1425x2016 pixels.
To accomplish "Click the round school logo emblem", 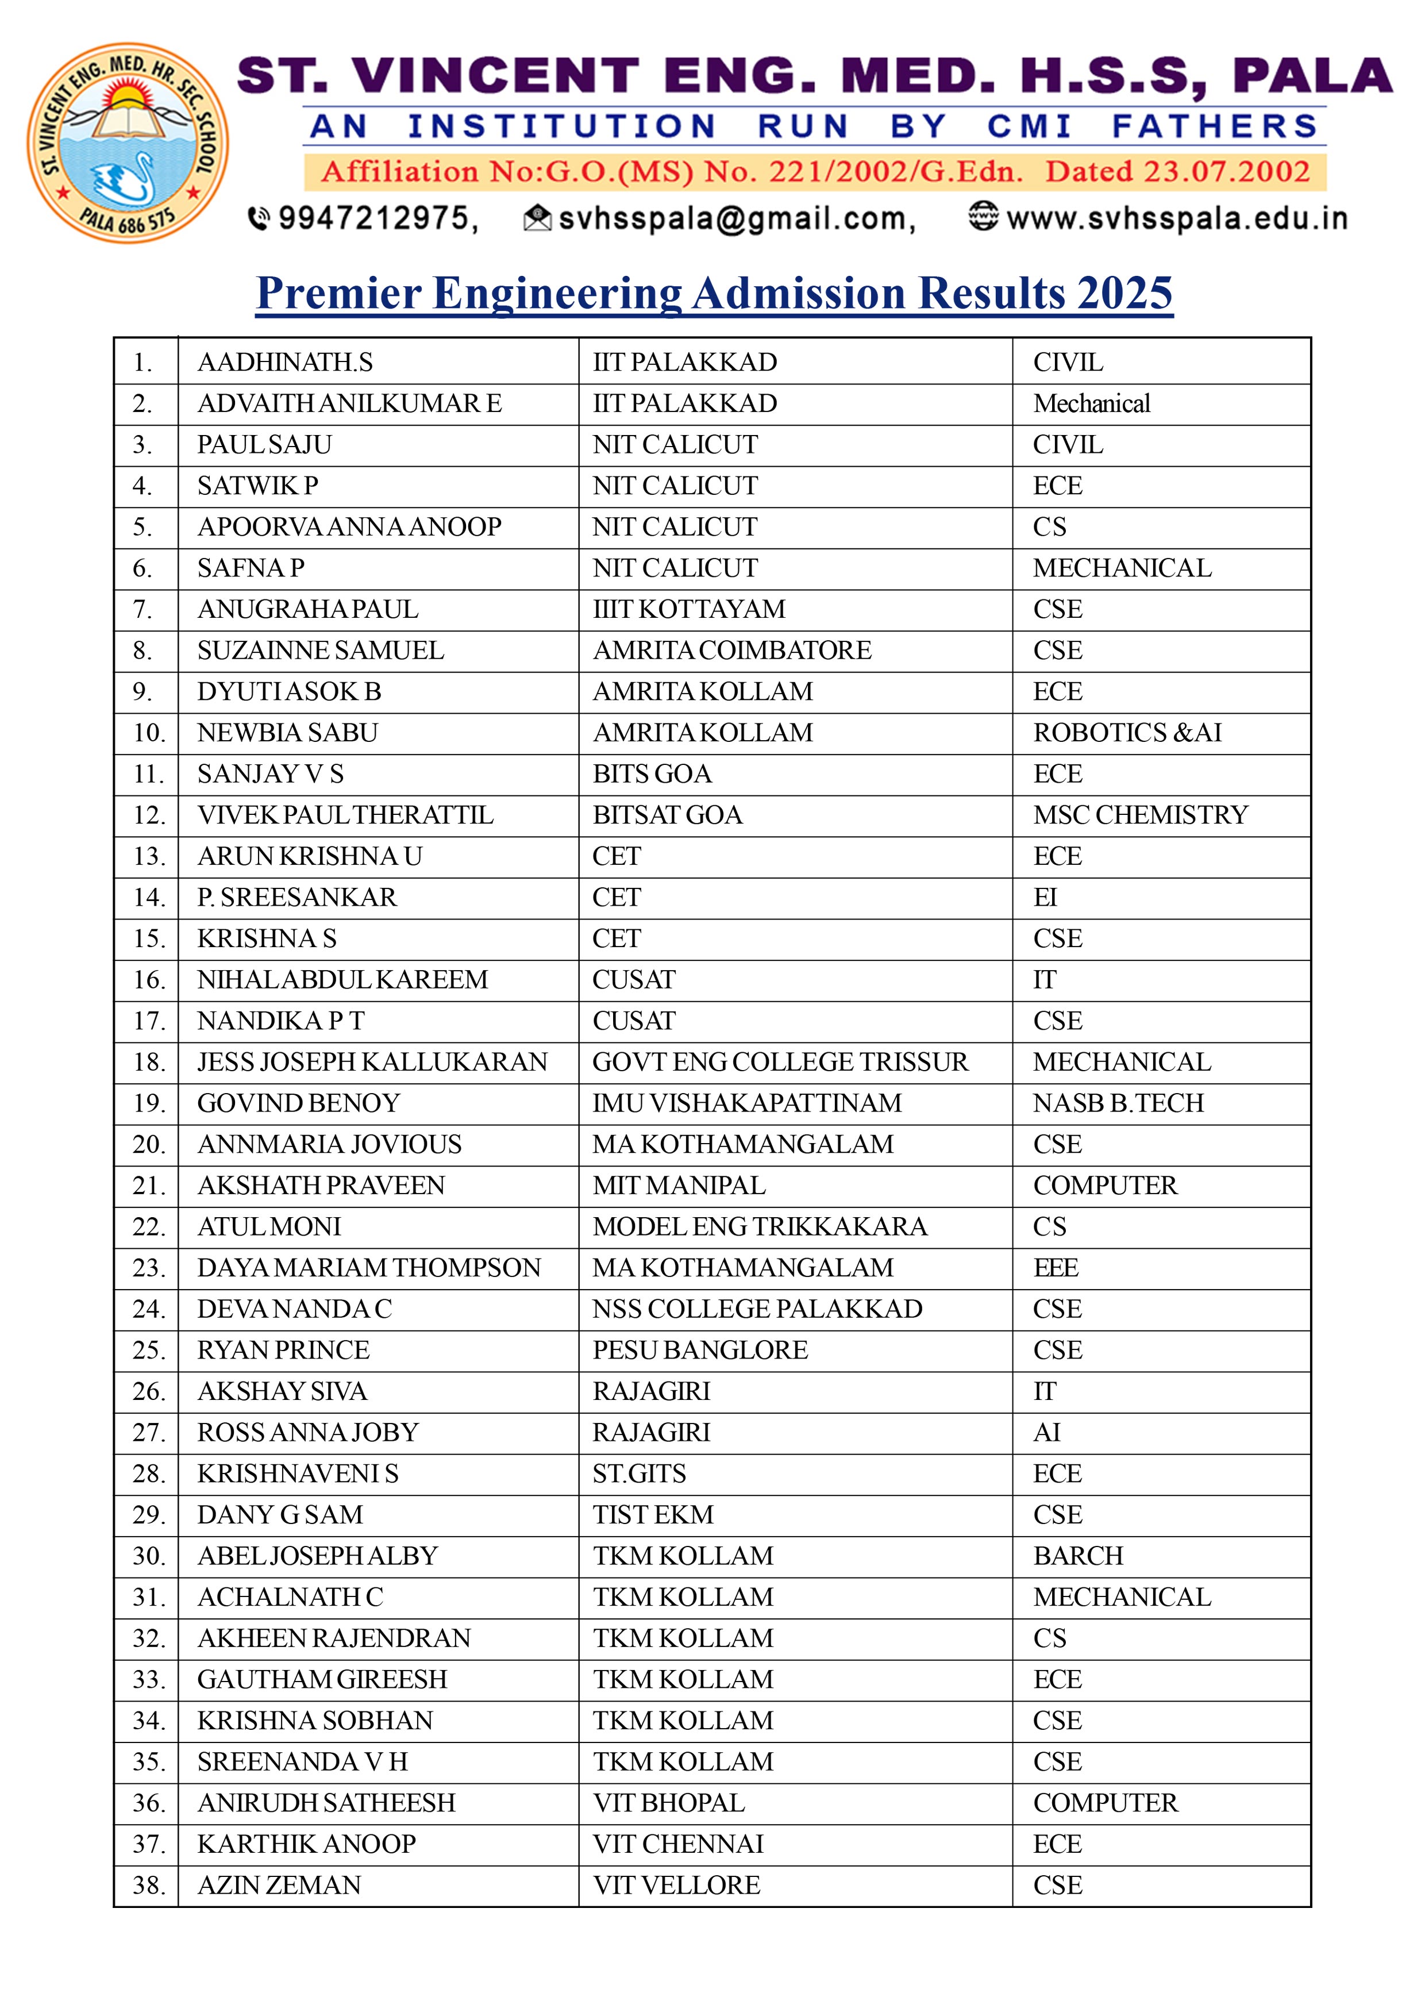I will coord(128,143).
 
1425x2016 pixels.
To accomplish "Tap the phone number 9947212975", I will coord(378,218).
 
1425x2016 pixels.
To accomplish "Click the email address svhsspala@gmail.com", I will coord(735,218).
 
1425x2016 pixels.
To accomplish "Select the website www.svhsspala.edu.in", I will coord(1177,218).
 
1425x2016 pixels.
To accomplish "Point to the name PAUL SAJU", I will coord(264,444).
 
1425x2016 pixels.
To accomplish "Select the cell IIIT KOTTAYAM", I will coord(690,609).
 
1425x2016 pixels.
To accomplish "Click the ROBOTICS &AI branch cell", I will coord(1127,732).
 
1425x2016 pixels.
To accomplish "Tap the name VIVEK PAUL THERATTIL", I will coord(345,815).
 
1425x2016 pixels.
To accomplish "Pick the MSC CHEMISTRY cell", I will coord(1139,815).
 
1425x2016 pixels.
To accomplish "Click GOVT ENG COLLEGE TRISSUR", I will coord(780,1061).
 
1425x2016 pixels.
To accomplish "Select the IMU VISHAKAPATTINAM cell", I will coord(747,1103).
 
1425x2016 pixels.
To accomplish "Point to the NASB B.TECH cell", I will coord(1118,1103).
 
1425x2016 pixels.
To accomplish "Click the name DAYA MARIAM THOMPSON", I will coord(369,1267).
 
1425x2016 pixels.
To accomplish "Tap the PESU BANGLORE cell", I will coord(700,1349).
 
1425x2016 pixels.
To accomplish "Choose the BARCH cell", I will coord(1078,1555).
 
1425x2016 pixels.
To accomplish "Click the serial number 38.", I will coord(148,1884).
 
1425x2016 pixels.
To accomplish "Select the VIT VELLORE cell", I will coord(676,1884).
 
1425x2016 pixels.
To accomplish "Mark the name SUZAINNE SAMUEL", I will coord(321,650).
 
